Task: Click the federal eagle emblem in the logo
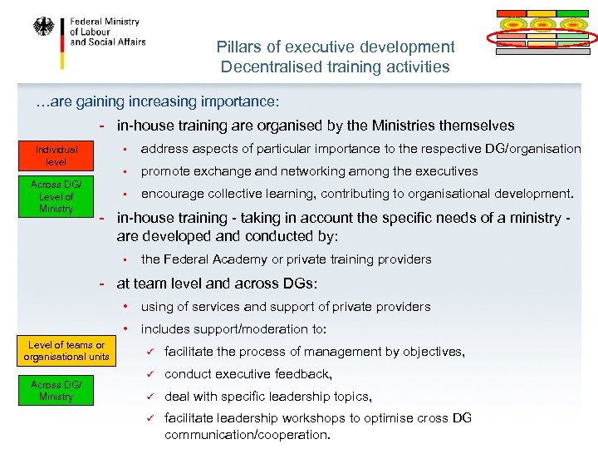[42, 27]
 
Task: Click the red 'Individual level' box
[56, 155]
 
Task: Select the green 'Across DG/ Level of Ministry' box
[56, 197]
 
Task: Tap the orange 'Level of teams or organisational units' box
[66, 351]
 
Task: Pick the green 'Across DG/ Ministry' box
[56, 391]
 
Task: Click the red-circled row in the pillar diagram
[542, 37]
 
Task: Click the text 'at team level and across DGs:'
[218, 284]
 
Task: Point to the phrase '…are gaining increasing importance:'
[157, 101]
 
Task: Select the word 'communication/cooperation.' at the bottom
[248, 434]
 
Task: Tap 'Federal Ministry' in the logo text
[105, 22]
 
